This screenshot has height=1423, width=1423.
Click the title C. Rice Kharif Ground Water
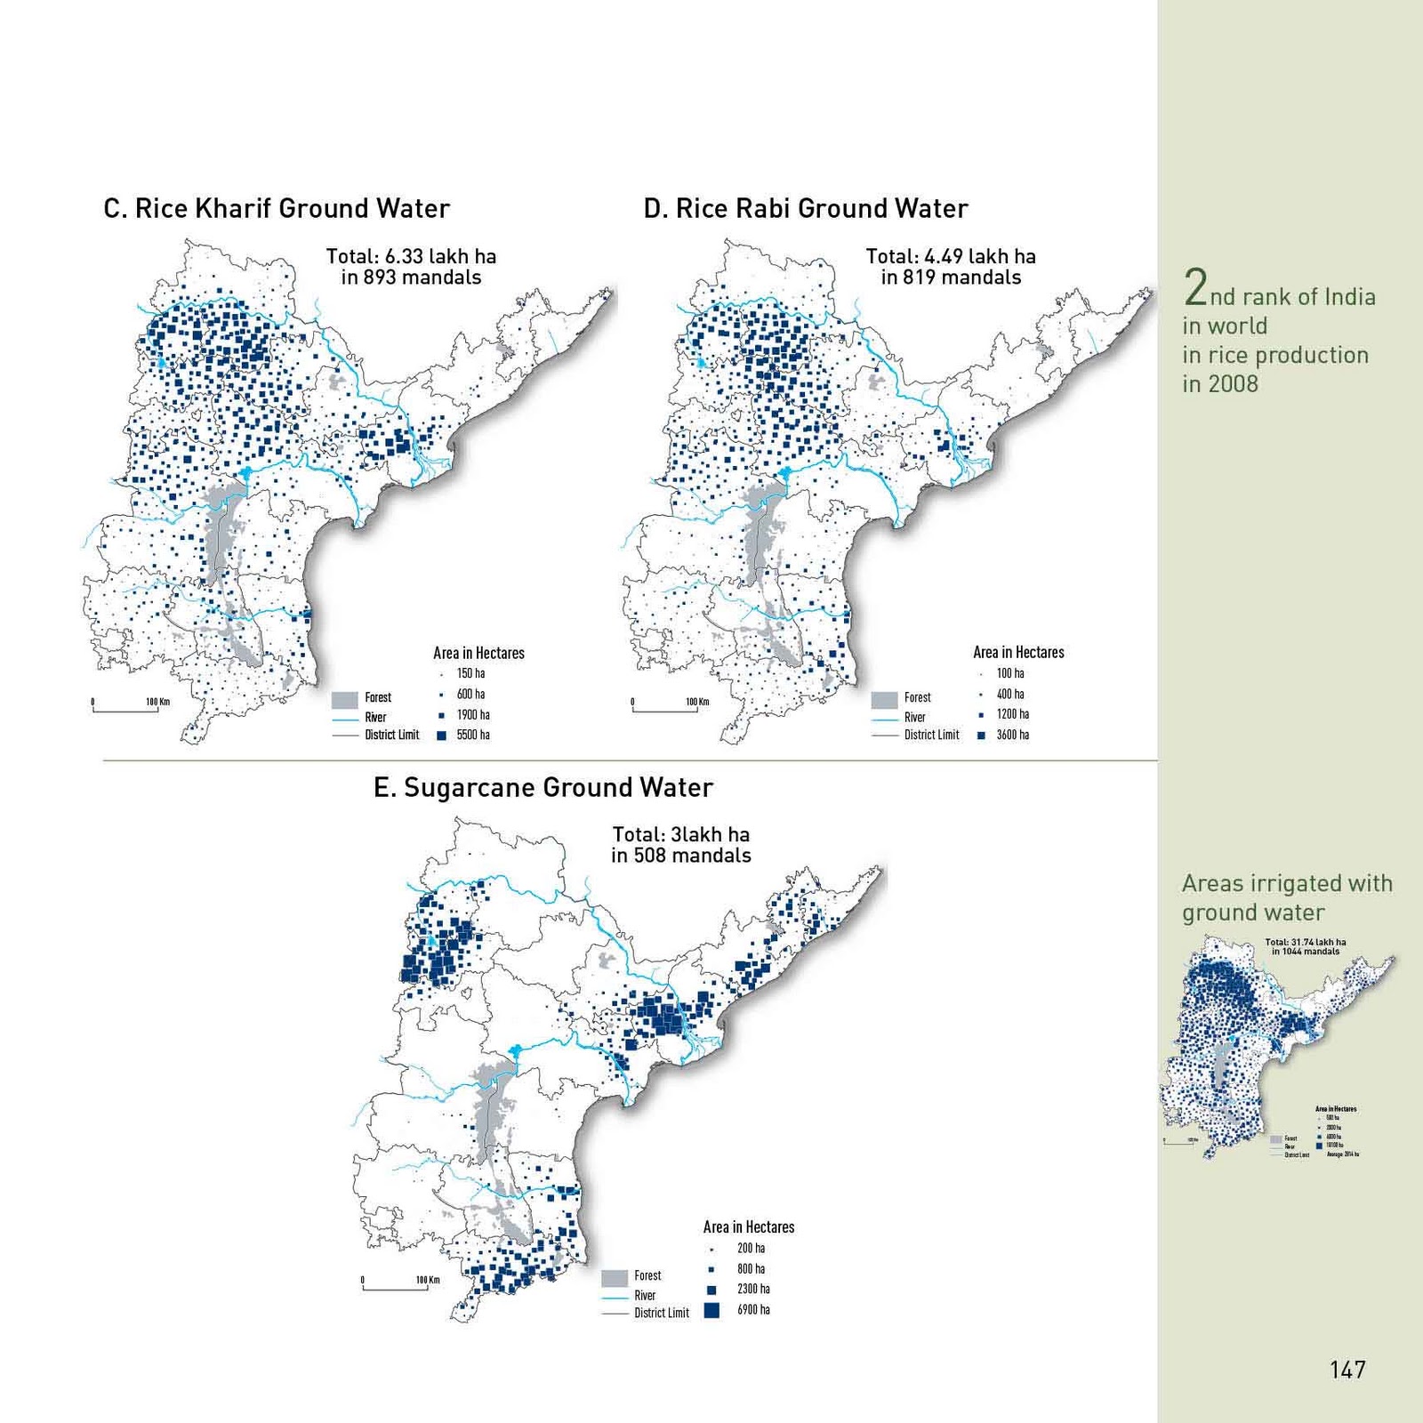[x=277, y=208]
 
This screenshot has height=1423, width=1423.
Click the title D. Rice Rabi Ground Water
[x=806, y=208]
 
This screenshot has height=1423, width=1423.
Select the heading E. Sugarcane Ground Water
[x=543, y=787]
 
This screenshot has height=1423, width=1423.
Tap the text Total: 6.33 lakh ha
[x=411, y=256]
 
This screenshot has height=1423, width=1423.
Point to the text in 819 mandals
[x=951, y=277]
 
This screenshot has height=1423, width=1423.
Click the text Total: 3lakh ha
[x=680, y=834]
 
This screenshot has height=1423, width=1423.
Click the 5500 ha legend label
[x=473, y=735]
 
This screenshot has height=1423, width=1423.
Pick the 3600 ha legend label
[x=1012, y=735]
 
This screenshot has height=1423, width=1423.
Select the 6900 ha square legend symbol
[x=711, y=1309]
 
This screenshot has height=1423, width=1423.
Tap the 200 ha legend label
[x=751, y=1248]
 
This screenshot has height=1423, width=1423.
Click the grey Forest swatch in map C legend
[x=344, y=700]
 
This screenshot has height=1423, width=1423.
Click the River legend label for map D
[x=914, y=717]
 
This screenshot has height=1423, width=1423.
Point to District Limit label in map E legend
[x=661, y=1313]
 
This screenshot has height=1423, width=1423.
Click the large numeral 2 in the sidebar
[x=1194, y=287]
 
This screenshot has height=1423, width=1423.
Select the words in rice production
[x=1275, y=355]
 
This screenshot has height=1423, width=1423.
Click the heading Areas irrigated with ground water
[x=1286, y=897]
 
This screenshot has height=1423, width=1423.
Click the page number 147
[x=1347, y=1370]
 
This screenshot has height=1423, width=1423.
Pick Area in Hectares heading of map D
[x=1018, y=652]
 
